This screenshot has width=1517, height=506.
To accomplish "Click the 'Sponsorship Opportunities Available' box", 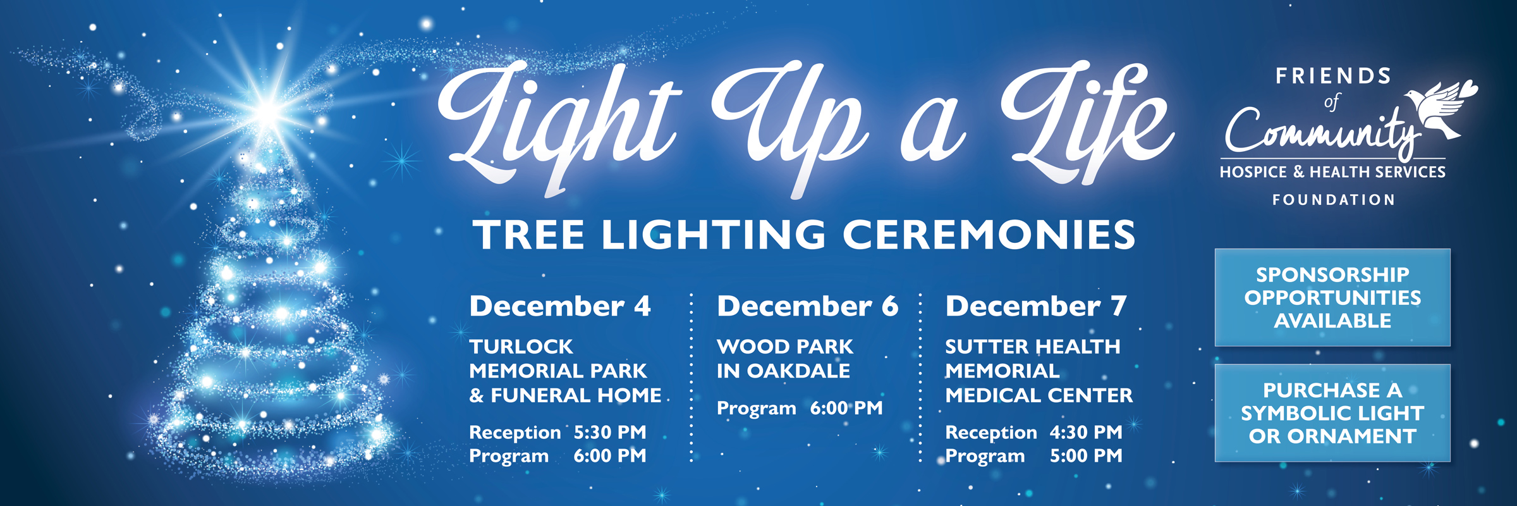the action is point(1332,297).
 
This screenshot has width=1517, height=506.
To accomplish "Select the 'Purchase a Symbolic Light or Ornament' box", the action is point(1332,413).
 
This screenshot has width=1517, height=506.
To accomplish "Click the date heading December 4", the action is point(560,306).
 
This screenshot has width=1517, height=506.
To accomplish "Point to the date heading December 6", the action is point(807,306).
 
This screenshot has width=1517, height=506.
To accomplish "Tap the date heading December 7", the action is point(1036,306).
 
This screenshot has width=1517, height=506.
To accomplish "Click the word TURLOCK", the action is point(521,347).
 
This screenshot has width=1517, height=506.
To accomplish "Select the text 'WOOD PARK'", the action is point(785,347).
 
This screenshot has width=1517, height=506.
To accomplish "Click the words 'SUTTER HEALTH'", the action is point(1033,347).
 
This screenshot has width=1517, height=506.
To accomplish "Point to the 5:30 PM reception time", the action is point(610,432).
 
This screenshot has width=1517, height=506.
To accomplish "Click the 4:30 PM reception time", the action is point(1086,432).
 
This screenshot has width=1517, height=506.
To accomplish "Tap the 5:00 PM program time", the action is point(1086,455).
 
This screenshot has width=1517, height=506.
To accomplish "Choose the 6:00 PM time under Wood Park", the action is point(846,408).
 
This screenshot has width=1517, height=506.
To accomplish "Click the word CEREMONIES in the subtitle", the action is point(989,235).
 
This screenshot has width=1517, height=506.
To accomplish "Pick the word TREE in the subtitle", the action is point(530,235).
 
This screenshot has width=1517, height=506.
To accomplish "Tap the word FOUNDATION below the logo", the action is point(1334,200).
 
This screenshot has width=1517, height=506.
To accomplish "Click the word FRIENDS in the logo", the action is point(1334,77).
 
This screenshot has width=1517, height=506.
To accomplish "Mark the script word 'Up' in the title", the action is point(790,120).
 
